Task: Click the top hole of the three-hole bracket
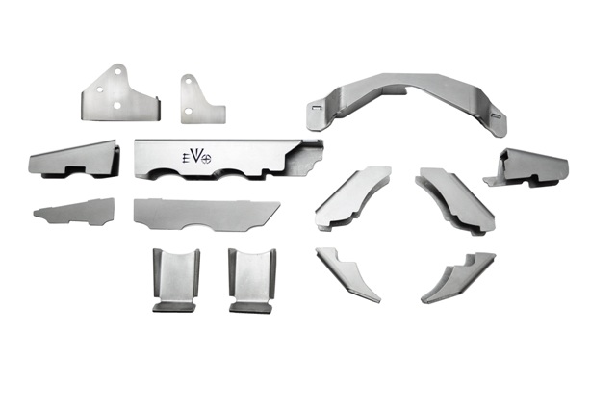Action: tap(117, 71)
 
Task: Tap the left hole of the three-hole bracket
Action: tap(100, 89)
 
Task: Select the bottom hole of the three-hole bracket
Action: tap(117, 105)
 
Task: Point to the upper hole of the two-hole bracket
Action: tap(189, 82)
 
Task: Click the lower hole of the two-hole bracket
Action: tap(189, 112)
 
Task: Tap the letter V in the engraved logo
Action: tap(196, 156)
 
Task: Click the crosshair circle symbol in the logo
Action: tap(206, 159)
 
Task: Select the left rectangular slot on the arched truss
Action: tap(317, 107)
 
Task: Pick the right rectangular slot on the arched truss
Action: tap(497, 115)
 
